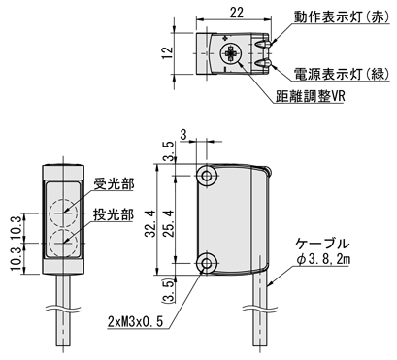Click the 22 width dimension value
[x=237, y=12]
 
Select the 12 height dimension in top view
[x=168, y=53]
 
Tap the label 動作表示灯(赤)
[x=342, y=17]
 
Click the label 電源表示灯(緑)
[x=342, y=74]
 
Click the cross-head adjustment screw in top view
[x=230, y=53]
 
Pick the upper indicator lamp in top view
[x=263, y=44]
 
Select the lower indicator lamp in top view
[x=263, y=63]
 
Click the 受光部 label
[x=114, y=185]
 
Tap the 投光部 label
[x=114, y=214]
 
